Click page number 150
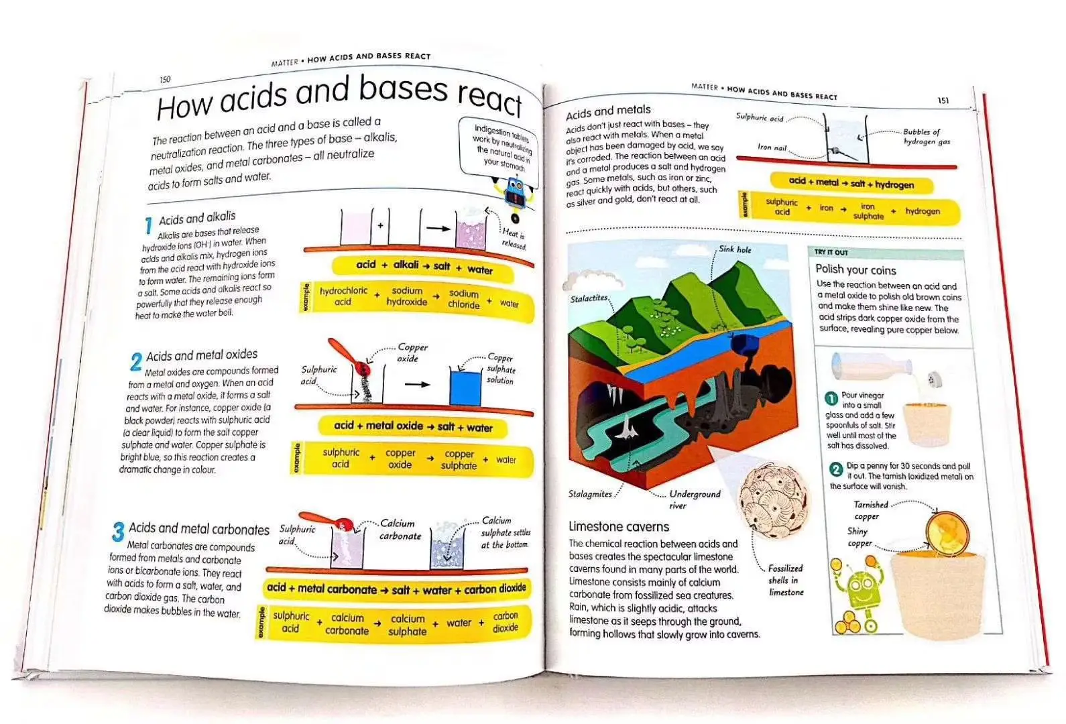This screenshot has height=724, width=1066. tap(165, 80)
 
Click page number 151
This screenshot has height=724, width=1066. tap(943, 101)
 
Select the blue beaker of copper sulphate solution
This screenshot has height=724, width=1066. tap(465, 387)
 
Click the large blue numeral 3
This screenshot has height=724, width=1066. tap(119, 532)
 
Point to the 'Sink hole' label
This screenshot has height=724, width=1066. tap(735, 249)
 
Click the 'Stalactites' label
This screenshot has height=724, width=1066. tap(589, 298)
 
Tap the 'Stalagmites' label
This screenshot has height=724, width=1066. tap(590, 494)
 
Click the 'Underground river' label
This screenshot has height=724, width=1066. tap(695, 499)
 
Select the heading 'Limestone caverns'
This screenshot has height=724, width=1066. tap(619, 527)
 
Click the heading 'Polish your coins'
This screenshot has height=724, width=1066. tap(855, 269)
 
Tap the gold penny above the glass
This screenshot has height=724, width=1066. tap(947, 533)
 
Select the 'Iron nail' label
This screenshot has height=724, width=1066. tap(772, 147)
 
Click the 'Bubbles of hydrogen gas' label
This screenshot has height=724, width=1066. tap(926, 137)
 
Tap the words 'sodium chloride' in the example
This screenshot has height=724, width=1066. tap(463, 299)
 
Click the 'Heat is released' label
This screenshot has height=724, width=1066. tap(514, 239)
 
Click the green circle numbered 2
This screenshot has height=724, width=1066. tap(836, 469)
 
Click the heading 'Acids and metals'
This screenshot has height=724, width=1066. tap(608, 112)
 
